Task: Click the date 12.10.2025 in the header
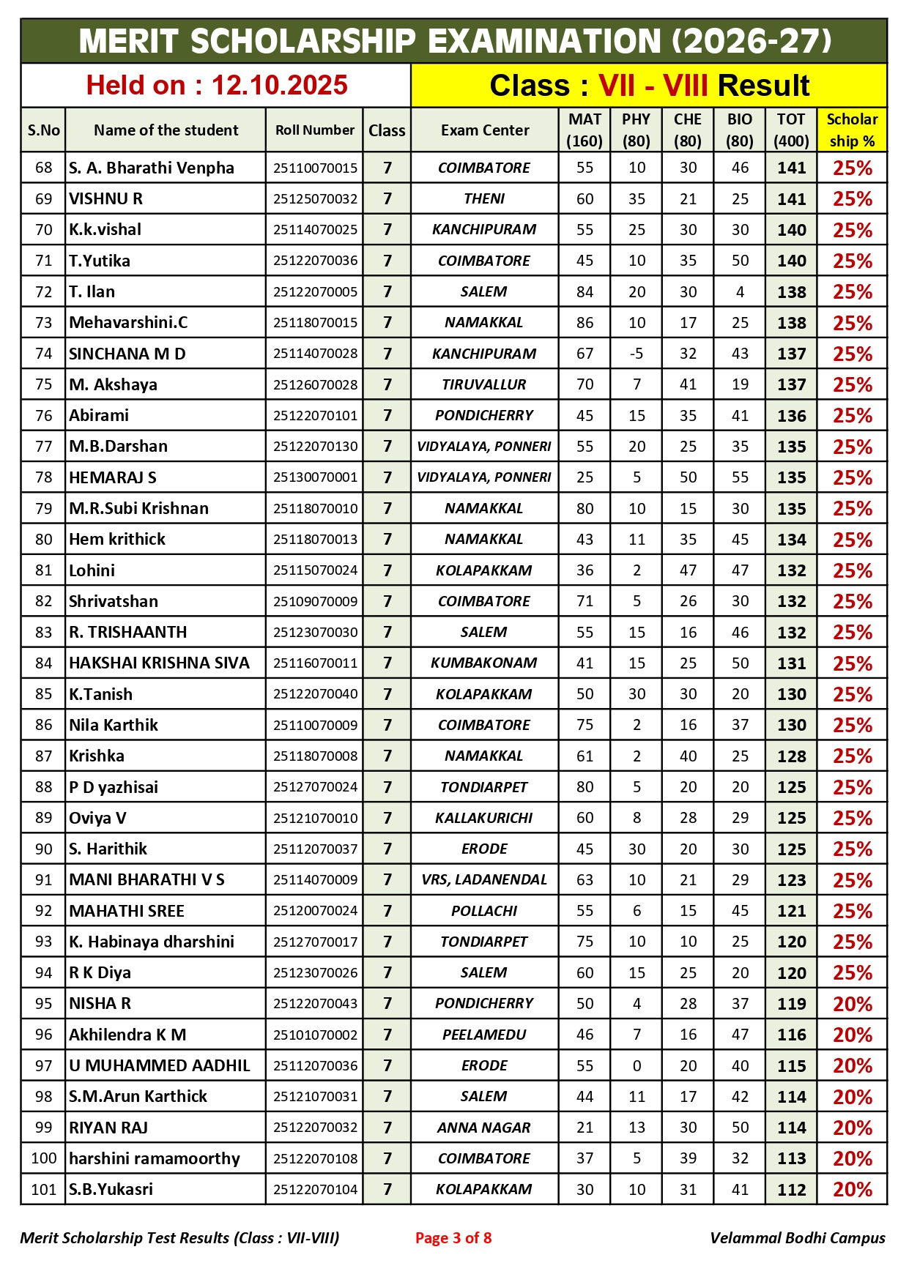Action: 279,86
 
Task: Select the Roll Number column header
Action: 315,130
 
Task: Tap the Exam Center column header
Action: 484,130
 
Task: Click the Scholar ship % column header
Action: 852,130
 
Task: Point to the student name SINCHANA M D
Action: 127,354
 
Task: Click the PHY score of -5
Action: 637,354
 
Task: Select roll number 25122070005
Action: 315,291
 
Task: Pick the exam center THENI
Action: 484,198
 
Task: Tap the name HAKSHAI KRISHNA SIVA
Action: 159,663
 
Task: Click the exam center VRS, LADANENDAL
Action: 484,879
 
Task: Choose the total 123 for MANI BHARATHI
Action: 791,879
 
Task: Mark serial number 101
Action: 44,1189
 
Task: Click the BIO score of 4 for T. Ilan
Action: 740,291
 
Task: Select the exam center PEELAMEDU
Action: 484,1035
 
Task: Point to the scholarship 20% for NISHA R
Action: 852,1004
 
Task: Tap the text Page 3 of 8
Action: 453,1238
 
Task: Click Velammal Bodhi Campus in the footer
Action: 797,1238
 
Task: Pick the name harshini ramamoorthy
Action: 155,1158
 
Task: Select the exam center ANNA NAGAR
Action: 484,1128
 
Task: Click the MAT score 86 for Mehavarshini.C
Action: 585,323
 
